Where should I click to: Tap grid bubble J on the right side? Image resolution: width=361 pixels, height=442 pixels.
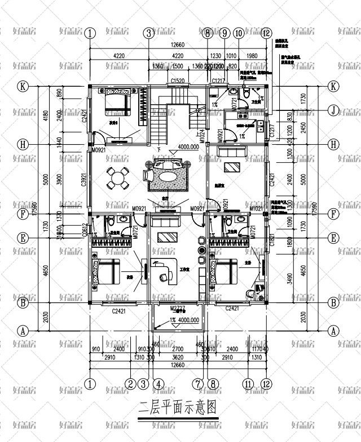pyautogui.click(x=333, y=110)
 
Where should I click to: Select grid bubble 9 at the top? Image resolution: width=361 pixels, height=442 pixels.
pyautogui.click(x=224, y=33)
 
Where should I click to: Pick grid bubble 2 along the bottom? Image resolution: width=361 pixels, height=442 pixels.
pyautogui.click(x=130, y=384)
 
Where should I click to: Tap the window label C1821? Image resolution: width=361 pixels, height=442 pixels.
pyautogui.click(x=272, y=240)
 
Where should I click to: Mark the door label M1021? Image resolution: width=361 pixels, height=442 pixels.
pyautogui.click(x=258, y=209)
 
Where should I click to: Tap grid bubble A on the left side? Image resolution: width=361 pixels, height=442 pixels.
pyautogui.click(x=23, y=331)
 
